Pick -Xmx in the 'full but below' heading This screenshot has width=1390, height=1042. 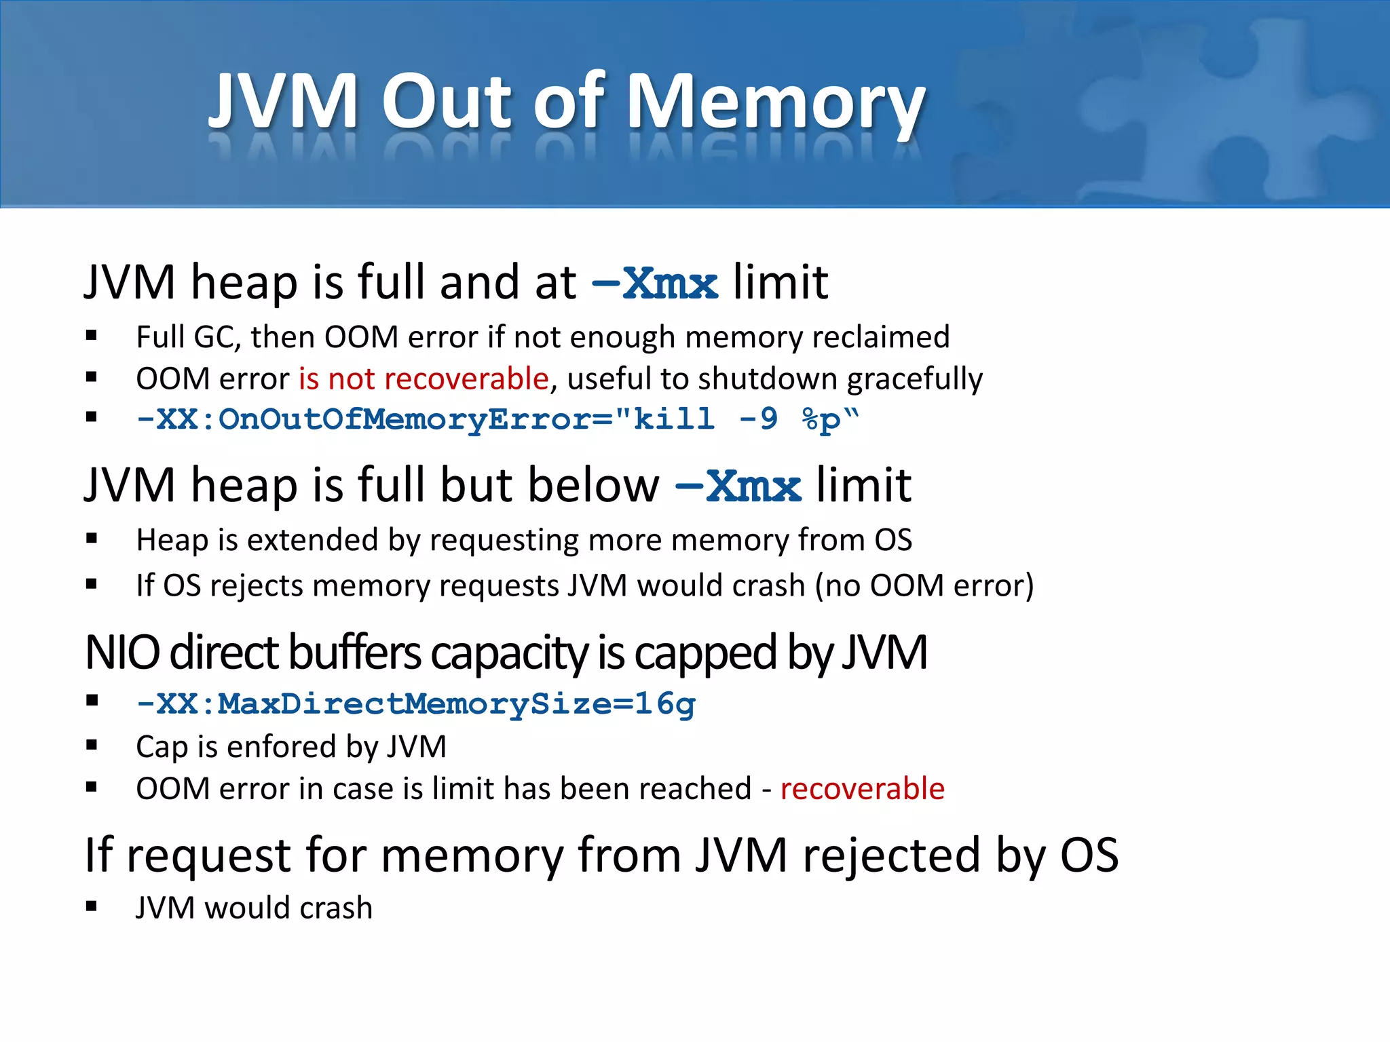pos(738,486)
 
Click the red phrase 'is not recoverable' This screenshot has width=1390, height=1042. pos(424,379)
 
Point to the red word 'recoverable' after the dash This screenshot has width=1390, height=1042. pos(862,789)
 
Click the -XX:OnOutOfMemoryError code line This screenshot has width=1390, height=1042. pos(497,419)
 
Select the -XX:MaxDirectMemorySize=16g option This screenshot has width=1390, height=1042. pos(415,704)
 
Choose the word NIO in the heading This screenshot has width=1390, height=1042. pos(122,653)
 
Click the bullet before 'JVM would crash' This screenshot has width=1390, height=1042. pos(92,907)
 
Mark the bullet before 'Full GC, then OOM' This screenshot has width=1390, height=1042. pos(92,335)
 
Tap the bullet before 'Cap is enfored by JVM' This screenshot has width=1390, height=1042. pos(92,746)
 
